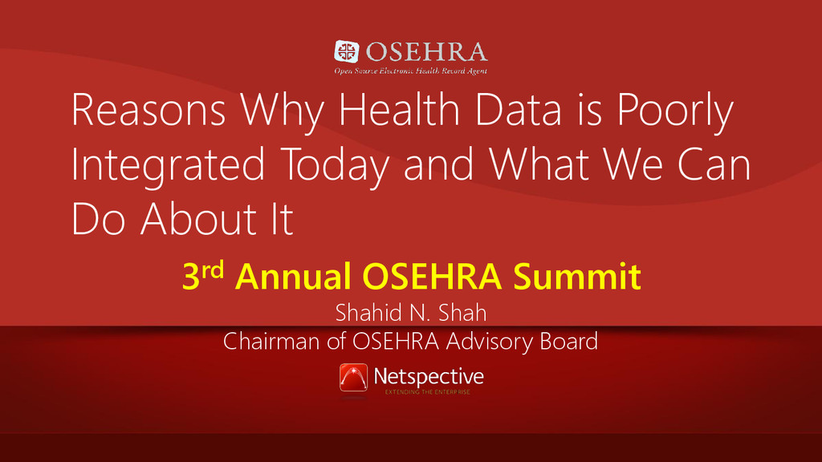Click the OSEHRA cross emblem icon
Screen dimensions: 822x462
tap(347, 51)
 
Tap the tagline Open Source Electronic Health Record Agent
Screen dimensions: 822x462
tap(411, 71)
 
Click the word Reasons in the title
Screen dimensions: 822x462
tap(149, 109)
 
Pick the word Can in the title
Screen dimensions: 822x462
tap(714, 164)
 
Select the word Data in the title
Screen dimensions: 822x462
tap(518, 109)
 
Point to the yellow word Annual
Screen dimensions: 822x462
tap(293, 276)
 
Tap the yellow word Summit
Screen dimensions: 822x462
tap(576, 276)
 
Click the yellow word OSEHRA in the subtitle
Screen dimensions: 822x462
tap(432, 276)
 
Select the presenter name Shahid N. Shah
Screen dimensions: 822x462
tap(411, 313)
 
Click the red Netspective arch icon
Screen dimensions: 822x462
tap(353, 378)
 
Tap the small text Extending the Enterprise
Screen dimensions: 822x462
tap(427, 391)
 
